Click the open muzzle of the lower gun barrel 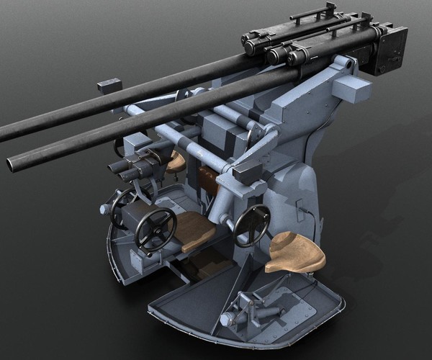pos(12,164)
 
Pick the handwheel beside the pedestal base pos(252,225)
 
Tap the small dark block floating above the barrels pos(109,84)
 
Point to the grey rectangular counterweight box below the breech pos(350,90)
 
